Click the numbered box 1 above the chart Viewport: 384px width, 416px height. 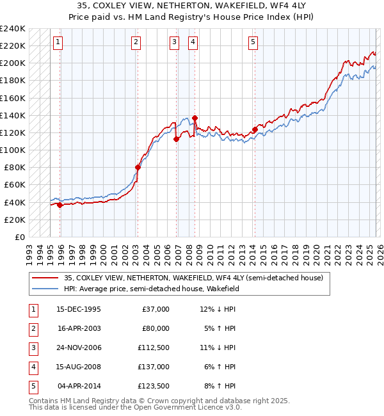point(58,43)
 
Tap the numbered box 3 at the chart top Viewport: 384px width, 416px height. point(174,43)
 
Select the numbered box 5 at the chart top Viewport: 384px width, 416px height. point(253,43)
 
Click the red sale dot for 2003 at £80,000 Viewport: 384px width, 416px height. point(138,168)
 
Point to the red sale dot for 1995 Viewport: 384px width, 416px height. point(60,205)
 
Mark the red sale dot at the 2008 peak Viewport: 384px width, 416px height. point(195,118)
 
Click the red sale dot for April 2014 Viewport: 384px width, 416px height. point(255,130)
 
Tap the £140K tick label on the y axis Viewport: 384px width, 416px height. point(13,115)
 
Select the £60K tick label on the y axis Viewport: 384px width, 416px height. point(15,185)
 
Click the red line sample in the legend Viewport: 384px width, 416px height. point(45,278)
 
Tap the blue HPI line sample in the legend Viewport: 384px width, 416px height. point(45,289)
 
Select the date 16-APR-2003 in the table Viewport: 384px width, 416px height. point(79,328)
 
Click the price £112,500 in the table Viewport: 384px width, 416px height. point(154,348)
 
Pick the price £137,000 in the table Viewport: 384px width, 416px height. point(154,367)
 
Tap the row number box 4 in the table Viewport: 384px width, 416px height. point(32,367)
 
